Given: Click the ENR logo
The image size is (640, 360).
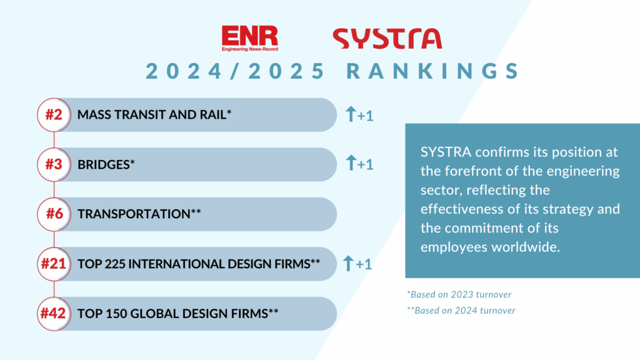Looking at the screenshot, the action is [x=250, y=38].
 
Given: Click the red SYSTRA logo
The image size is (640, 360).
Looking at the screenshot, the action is [x=387, y=38].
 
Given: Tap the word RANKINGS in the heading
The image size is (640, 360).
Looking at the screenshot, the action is [x=432, y=71].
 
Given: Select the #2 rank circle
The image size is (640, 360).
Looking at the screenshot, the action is [x=54, y=115].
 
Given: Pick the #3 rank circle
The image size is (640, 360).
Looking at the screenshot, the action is [x=54, y=164].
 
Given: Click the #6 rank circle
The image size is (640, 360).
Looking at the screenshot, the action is [x=54, y=214].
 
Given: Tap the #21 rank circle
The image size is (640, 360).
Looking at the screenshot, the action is [x=54, y=264].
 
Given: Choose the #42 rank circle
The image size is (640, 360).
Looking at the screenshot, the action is [x=54, y=314].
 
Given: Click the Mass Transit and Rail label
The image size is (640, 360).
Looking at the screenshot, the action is [x=154, y=115].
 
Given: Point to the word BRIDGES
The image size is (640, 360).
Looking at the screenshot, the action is [x=104, y=164].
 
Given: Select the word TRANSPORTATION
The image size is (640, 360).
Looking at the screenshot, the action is [x=134, y=214].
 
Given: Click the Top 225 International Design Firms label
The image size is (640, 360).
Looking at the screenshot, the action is [x=199, y=264].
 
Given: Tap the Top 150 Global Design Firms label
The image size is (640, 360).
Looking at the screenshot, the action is [x=178, y=314].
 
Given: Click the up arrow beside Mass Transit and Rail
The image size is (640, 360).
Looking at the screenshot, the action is [x=351, y=114].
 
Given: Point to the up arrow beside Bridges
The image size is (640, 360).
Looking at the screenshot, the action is [x=351, y=163].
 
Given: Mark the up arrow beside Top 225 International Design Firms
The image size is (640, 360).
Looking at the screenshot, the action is [x=348, y=263].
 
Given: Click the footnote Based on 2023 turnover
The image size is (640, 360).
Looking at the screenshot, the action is [x=459, y=294].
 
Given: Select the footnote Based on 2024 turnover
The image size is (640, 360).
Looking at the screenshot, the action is [x=461, y=310].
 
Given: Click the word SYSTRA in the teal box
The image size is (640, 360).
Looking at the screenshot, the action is [x=446, y=152].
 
